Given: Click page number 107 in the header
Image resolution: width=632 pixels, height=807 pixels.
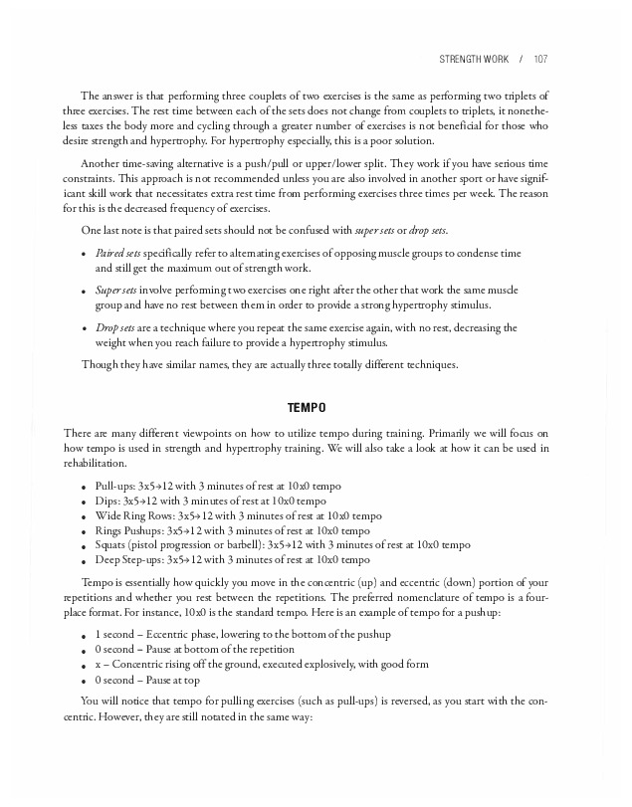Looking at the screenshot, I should point(540,59).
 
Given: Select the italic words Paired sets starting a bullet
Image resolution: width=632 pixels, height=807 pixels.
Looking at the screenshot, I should point(117,254).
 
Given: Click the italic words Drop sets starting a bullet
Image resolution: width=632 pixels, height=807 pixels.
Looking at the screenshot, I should point(114,327).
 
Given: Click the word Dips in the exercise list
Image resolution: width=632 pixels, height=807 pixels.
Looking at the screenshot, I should point(106,501).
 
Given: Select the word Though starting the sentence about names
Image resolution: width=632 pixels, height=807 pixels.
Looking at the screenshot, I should point(100,364).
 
